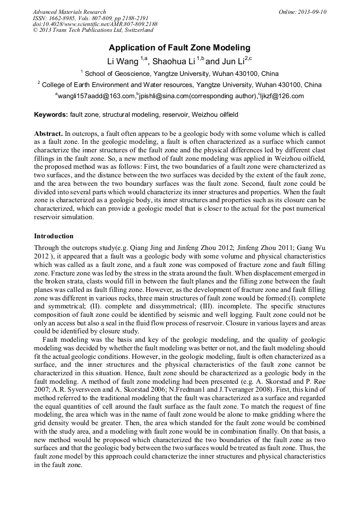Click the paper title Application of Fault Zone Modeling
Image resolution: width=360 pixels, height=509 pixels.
pos(179,48)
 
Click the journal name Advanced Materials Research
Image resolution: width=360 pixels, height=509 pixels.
pos(69,12)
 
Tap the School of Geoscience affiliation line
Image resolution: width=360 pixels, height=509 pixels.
pos(181,73)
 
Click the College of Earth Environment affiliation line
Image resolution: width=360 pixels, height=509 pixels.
pos(181,84)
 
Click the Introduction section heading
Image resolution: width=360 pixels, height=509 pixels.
pos(54,236)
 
